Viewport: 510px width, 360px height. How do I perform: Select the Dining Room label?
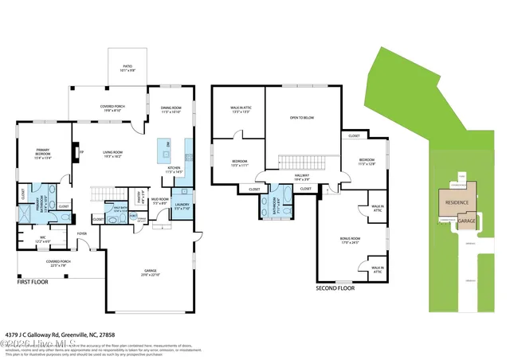click(x=171, y=110)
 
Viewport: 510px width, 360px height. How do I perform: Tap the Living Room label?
click(x=116, y=155)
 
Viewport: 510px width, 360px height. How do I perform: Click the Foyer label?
click(x=82, y=233)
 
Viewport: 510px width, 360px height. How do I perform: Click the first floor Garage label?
click(x=151, y=273)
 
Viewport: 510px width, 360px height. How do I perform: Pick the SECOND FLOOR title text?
click(x=335, y=288)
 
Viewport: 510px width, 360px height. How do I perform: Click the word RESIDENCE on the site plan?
click(x=457, y=202)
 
